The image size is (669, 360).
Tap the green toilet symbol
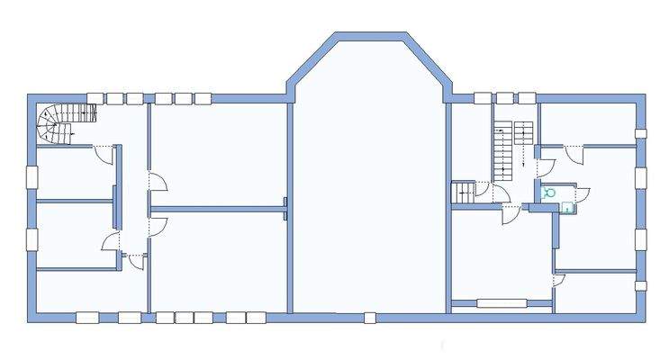point(548,193)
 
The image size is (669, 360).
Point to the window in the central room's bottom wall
point(369,317)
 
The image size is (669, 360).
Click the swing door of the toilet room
point(580,193)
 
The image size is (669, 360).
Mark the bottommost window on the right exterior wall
point(640,286)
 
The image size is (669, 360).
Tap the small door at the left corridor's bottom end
point(135,261)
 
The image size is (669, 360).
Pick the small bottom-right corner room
point(596,292)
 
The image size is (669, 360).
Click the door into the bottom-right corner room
point(558,281)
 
